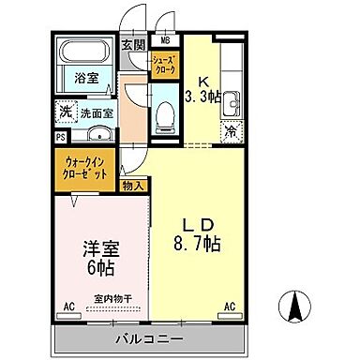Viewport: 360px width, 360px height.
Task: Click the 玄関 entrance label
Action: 133,44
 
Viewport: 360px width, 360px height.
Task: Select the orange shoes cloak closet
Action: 165,66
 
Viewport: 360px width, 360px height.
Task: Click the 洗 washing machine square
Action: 63,110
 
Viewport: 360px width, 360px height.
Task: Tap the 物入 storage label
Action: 132,186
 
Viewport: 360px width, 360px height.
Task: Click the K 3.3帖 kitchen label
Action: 203,87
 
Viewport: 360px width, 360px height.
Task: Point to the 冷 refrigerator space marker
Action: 228,131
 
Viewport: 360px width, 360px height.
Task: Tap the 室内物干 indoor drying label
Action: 111,301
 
